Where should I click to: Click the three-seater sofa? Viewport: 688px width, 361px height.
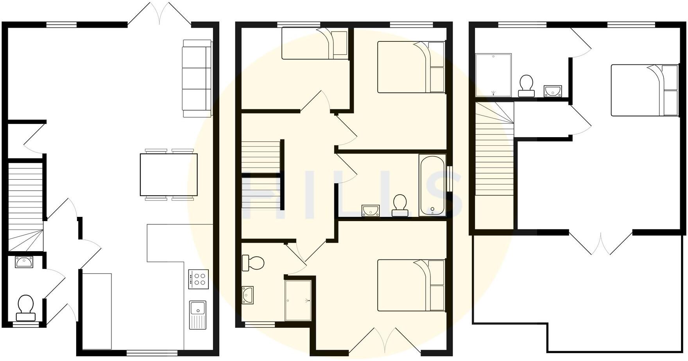(197, 78)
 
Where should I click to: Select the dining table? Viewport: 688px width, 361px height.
(168, 175)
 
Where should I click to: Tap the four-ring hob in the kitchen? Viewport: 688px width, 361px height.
(198, 279)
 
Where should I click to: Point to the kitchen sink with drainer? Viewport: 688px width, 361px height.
(197, 315)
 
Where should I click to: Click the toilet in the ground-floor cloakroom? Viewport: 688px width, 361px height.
(26, 307)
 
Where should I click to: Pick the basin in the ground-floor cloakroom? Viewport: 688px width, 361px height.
(24, 262)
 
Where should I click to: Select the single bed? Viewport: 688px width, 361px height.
(314, 43)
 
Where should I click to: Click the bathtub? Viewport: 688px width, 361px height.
(432, 185)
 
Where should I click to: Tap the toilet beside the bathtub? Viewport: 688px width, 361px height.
(400, 206)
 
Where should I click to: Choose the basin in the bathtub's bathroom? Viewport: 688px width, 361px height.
(370, 211)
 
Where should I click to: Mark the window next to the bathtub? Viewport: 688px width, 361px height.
(450, 179)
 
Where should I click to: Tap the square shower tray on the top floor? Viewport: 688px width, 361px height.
(493, 75)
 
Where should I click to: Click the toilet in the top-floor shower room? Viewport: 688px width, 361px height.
(526, 86)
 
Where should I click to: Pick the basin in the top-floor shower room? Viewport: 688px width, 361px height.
(552, 91)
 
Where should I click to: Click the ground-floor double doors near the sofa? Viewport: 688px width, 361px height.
(159, 16)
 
